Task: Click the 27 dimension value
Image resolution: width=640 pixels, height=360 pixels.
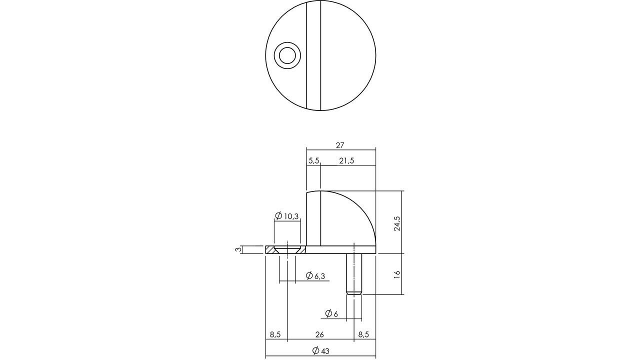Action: pos(340,145)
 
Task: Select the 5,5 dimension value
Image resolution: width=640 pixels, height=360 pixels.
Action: pos(313,160)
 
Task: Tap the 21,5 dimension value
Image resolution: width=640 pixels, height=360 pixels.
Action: pos(346,160)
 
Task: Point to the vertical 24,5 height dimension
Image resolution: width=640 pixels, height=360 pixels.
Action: pos(397,223)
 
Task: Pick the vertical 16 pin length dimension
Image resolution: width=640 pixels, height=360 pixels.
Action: pos(397,274)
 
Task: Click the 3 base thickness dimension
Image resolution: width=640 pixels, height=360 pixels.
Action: pos(239,249)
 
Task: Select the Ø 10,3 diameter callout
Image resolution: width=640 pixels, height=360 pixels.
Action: pos(287,216)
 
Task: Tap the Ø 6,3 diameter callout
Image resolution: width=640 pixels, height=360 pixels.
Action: pos(315,275)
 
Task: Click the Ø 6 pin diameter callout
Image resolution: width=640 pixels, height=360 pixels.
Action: pos(331,313)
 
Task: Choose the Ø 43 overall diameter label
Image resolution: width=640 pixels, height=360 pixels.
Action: pos(320,351)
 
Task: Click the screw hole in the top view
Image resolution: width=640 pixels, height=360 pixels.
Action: pos(287,55)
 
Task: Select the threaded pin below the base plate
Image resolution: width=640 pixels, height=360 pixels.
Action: pos(354,272)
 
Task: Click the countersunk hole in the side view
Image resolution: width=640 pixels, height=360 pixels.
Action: pos(287,249)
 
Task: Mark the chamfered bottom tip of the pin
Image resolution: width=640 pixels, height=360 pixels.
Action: pos(354,292)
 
